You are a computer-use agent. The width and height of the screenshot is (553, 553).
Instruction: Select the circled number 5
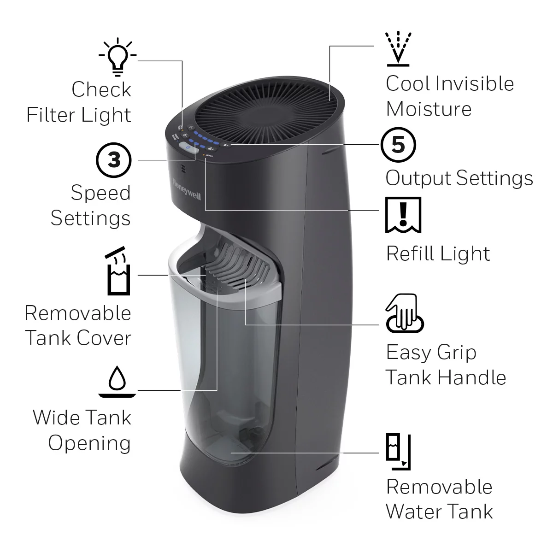398,145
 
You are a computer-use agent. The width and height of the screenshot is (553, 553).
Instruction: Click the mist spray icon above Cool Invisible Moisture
399,48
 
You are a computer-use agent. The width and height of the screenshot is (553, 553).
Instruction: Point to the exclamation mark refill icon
403,215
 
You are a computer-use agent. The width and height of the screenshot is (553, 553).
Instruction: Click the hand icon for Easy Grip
404,313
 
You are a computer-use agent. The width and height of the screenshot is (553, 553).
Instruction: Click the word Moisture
429,109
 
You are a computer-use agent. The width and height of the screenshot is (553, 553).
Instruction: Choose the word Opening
89,443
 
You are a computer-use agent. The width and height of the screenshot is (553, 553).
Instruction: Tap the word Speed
100,193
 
